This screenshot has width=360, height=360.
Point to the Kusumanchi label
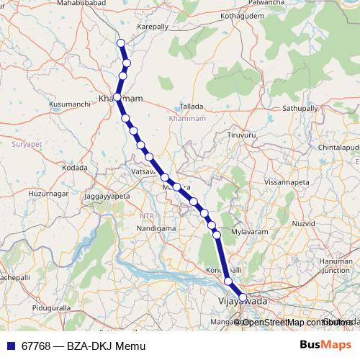coord(70,104)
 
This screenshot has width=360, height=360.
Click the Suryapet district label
coord(28,144)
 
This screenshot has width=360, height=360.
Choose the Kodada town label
coord(75,168)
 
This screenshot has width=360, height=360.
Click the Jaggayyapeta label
coord(107,196)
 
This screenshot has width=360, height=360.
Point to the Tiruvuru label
coord(241,135)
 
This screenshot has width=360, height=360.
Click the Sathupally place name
coord(300,107)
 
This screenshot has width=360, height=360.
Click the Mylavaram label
coord(250,232)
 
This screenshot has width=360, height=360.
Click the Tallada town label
coord(192,105)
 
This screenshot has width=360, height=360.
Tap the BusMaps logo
coord(325,346)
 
